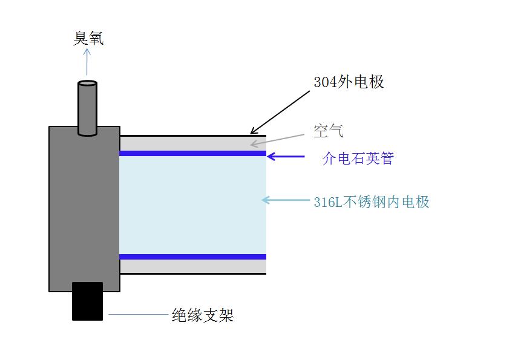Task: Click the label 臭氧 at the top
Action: tap(88, 39)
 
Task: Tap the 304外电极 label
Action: tap(349, 82)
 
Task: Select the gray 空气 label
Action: tap(329, 131)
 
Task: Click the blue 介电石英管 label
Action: tap(358, 159)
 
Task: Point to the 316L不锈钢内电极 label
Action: tap(372, 202)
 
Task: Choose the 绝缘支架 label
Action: tap(203, 315)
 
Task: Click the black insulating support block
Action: tap(87, 301)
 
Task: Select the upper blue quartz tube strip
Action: tap(192, 154)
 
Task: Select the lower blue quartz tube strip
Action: tap(192, 257)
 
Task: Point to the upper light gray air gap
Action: tap(192, 143)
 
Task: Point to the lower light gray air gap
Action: tap(192, 266)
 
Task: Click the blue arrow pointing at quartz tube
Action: tap(286, 157)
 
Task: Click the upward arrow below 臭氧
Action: tap(87, 62)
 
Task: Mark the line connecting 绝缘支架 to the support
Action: tap(138, 315)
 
